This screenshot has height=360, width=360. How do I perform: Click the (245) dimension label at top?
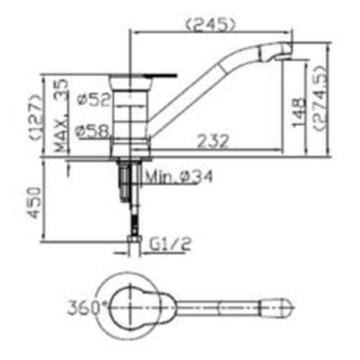[x=211, y=24]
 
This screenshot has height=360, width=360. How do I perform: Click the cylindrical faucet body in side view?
[x=131, y=115]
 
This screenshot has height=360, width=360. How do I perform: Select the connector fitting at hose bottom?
[x=131, y=238]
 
